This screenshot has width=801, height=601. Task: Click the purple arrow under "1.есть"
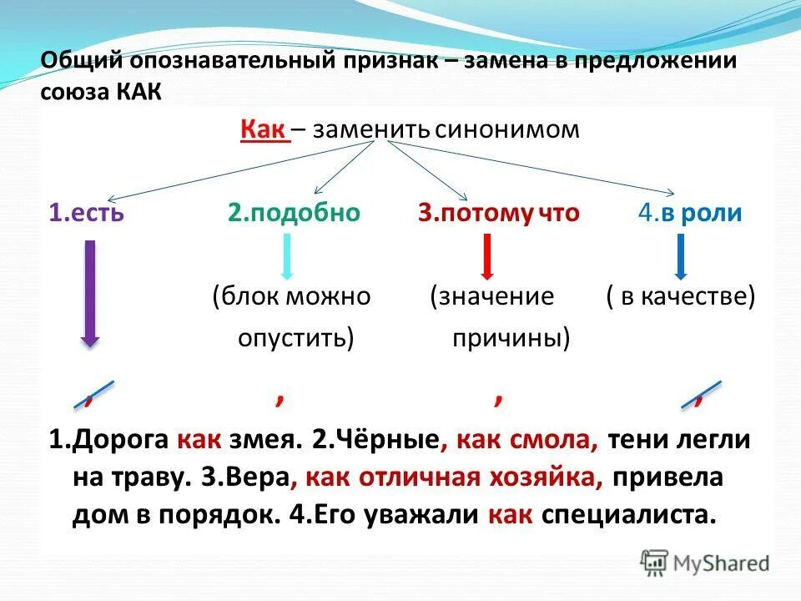coord(90,292)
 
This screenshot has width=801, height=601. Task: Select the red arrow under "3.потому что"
coord(487,255)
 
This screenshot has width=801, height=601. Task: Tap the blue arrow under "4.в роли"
coord(681,255)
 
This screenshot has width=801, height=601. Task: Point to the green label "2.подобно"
coord(294,213)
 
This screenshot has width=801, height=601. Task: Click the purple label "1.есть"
coord(86,213)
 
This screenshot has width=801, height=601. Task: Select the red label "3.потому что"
coord(499,213)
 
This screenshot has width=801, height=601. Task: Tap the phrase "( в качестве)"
coord(680,296)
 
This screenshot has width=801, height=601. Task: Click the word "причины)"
coord(511,338)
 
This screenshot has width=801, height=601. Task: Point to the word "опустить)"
coord(296,338)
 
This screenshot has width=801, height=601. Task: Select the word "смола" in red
coord(561,441)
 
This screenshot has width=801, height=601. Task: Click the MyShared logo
coord(705,563)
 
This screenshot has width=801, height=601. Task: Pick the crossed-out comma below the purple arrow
coord(93,394)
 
